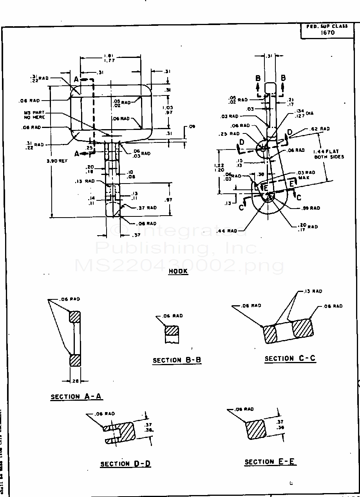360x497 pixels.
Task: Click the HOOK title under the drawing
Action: [x=178, y=271]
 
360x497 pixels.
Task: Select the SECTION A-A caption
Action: [x=76, y=396]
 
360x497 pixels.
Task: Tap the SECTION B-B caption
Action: [x=177, y=360]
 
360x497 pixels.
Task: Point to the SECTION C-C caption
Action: [x=290, y=358]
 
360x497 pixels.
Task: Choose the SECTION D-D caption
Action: [x=125, y=464]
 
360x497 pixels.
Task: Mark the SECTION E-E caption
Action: [x=270, y=462]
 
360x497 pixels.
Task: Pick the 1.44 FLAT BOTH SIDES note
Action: [x=326, y=154]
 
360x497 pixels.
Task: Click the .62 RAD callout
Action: [x=320, y=129]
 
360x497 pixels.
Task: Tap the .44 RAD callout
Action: [x=227, y=231]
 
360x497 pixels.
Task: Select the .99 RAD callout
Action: [x=311, y=208]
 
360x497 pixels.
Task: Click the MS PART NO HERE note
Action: [x=34, y=115]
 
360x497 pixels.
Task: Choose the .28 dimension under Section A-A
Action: [x=75, y=381]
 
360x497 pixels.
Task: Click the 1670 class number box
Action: [x=327, y=33]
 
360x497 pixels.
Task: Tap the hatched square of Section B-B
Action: [x=172, y=330]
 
